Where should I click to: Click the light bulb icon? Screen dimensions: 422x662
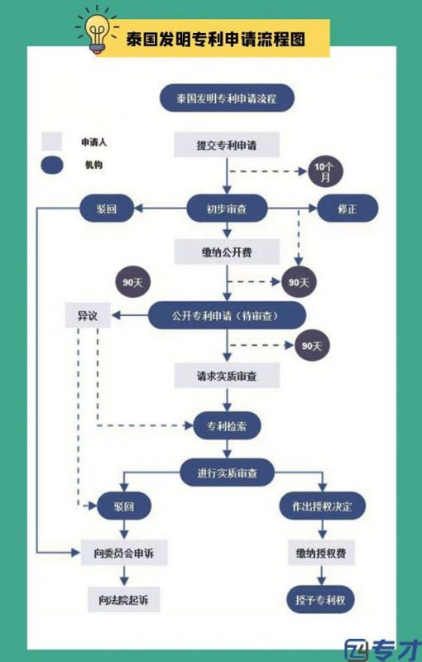98,31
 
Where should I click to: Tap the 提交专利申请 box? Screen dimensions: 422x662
227,145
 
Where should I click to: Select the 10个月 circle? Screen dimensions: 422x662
325,171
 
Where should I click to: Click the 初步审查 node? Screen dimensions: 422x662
227,209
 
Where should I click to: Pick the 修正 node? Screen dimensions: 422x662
348,209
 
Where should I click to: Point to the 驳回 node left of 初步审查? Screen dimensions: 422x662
107,209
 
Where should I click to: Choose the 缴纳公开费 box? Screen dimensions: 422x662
227,252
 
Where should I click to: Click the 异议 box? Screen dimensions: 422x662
88,315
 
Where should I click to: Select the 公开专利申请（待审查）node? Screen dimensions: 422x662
227,315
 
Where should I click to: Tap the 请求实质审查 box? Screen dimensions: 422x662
227,376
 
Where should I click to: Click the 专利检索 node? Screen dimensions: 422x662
227,425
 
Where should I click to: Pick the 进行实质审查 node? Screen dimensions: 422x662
227,473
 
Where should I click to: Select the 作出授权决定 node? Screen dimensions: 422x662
323,506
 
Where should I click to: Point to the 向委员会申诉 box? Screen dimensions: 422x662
124,553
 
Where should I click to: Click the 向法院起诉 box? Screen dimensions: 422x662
123,599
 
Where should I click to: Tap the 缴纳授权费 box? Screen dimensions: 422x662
321,553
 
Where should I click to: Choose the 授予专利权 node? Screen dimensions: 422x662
320,599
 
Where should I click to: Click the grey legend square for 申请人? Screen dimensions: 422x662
52,142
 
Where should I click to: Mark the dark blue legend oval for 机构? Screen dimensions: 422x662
52,165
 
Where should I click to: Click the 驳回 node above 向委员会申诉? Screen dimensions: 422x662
124,506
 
